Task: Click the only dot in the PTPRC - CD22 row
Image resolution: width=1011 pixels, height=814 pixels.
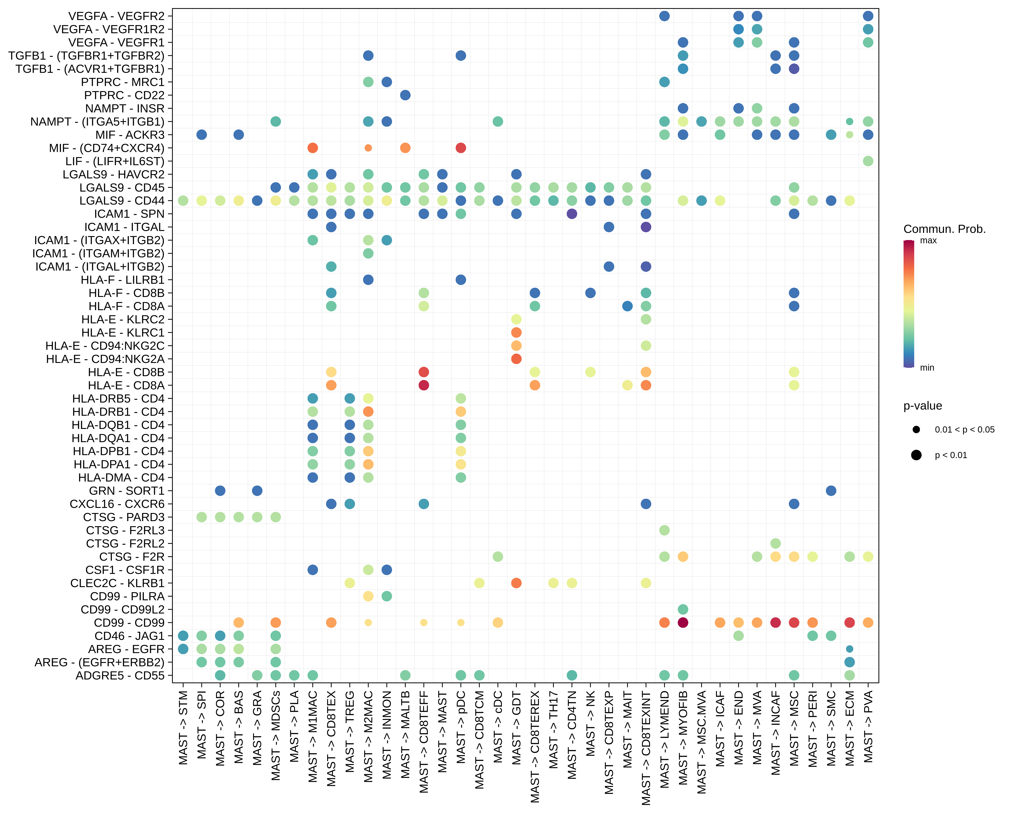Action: (405, 95)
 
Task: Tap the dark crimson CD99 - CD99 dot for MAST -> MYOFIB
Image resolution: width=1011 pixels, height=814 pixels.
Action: (683, 623)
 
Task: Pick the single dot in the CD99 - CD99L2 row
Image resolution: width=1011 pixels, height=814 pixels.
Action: (683, 610)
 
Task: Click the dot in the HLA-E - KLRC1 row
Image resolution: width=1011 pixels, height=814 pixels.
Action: (516, 332)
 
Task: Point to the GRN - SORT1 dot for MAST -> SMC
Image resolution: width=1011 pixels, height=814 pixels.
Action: (831, 491)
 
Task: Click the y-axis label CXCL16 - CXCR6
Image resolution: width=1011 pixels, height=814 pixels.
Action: (117, 504)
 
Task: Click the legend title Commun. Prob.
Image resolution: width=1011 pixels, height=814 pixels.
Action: (944, 229)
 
